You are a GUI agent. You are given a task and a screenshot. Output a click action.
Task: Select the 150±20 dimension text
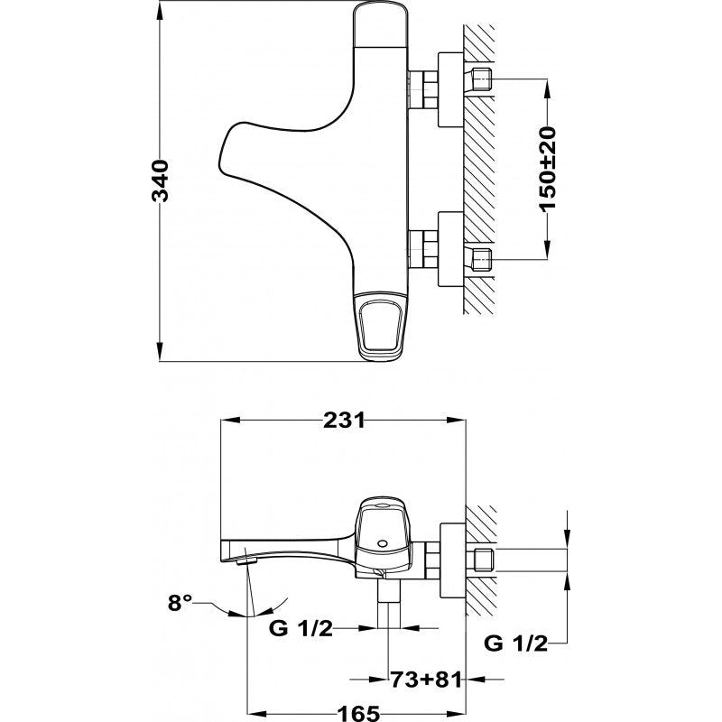click(548, 169)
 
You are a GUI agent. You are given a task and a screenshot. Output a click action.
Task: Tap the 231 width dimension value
click(344, 421)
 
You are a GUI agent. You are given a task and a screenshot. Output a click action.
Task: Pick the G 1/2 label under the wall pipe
click(516, 643)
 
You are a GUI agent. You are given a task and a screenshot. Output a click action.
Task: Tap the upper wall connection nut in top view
click(449, 91)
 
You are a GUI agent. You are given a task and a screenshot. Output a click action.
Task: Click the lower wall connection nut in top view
click(449, 250)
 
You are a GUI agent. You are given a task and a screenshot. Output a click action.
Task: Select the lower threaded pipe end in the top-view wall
click(480, 259)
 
